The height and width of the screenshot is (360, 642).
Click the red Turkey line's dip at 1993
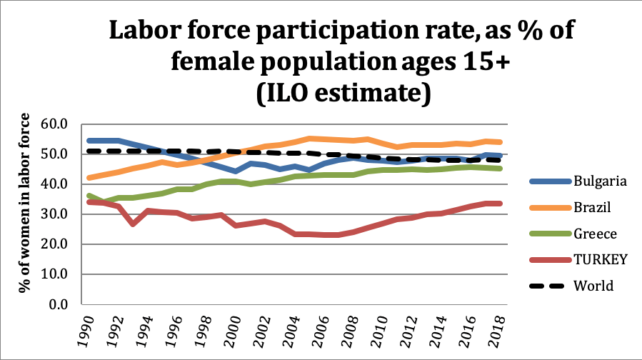point(132,224)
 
